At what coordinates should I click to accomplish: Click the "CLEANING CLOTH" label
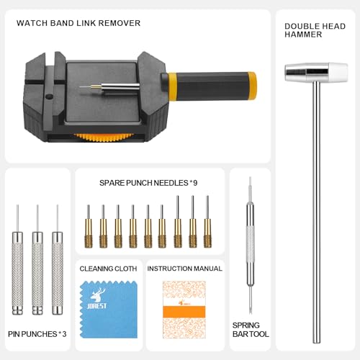tap(108, 269)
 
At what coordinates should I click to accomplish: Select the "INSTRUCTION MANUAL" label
tap(184, 269)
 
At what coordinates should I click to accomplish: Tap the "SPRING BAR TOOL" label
tap(250, 330)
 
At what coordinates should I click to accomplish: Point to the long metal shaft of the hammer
tap(315, 216)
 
